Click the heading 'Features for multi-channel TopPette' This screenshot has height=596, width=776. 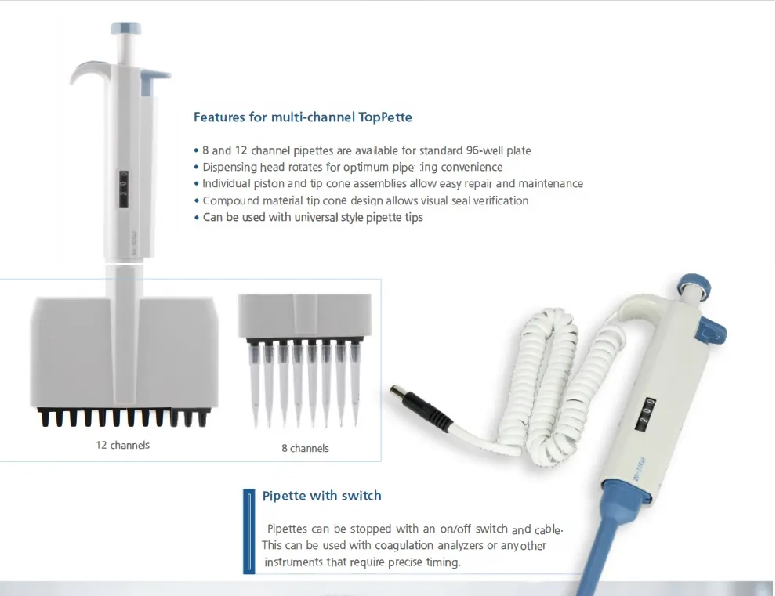pos(303,117)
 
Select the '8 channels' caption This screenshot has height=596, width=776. pos(305,448)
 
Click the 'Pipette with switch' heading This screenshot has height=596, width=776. pos(321,496)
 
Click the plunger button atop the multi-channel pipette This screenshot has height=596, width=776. pos(127,30)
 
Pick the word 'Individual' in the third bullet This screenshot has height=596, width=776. pos(227,183)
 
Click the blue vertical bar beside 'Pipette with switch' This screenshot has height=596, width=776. pos(248,531)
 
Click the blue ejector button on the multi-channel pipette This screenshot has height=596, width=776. pos(155,76)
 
